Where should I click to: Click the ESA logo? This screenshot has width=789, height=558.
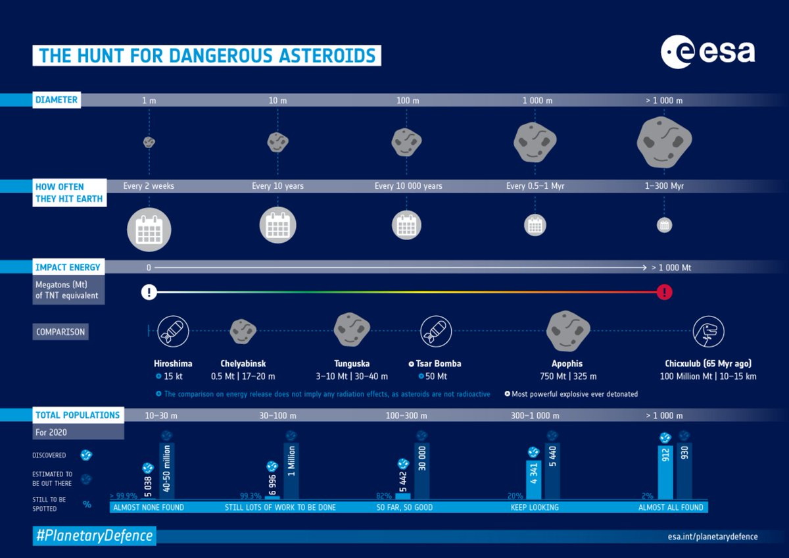(707, 52)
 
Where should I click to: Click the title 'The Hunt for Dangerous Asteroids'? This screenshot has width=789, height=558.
(206, 55)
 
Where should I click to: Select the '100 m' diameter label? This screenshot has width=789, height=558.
(408, 101)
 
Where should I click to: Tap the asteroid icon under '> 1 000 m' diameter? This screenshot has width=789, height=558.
(664, 141)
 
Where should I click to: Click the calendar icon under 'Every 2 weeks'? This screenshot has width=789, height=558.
(149, 229)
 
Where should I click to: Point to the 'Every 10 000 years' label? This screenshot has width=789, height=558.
(408, 186)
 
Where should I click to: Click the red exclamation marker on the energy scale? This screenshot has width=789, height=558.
(664, 292)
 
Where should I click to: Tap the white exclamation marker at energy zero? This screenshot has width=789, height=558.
(149, 292)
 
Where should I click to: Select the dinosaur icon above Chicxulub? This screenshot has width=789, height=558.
(708, 331)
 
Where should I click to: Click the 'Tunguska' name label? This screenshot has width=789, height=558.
(352, 363)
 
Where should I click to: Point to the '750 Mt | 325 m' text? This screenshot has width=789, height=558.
(567, 376)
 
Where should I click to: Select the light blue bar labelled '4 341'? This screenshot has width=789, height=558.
(534, 478)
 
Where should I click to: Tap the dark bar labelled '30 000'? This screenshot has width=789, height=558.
(421, 470)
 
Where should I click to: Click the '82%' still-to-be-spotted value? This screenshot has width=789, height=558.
(384, 495)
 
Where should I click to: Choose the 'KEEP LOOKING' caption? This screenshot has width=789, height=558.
(535, 507)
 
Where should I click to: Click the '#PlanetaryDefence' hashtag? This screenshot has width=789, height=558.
(94, 536)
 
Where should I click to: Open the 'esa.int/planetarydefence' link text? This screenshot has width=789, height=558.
(712, 536)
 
